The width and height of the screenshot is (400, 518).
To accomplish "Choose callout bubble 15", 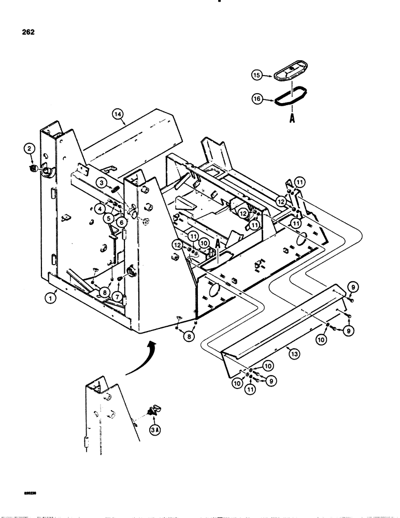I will (x=255, y=75).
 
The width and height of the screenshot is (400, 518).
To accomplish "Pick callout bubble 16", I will (x=255, y=97).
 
